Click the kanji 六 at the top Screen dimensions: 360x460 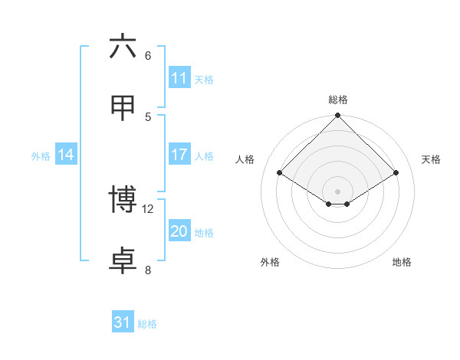coord(123,47)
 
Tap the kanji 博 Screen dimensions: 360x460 coord(123,199)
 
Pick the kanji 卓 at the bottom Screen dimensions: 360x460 coord(123,260)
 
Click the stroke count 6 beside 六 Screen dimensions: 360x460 coord(148,56)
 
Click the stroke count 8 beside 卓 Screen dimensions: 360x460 coord(148,270)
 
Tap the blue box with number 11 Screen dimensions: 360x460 coord(179,78)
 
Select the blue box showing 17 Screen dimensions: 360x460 coord(179,155)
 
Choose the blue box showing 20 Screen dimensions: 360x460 coord(179,231)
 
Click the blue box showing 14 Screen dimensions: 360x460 coord(66,155)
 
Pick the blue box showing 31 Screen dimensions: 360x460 coord(123,322)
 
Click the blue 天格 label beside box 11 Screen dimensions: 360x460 coord(204,79)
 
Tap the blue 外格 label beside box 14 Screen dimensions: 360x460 coord(41,155)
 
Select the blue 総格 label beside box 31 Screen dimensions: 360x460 coord(147,323)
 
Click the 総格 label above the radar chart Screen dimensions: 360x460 coord(338,100)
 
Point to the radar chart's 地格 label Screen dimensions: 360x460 coord(402,262)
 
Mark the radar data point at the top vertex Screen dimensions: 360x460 coord(338,116)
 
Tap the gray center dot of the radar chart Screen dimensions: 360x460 coord(338,191)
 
